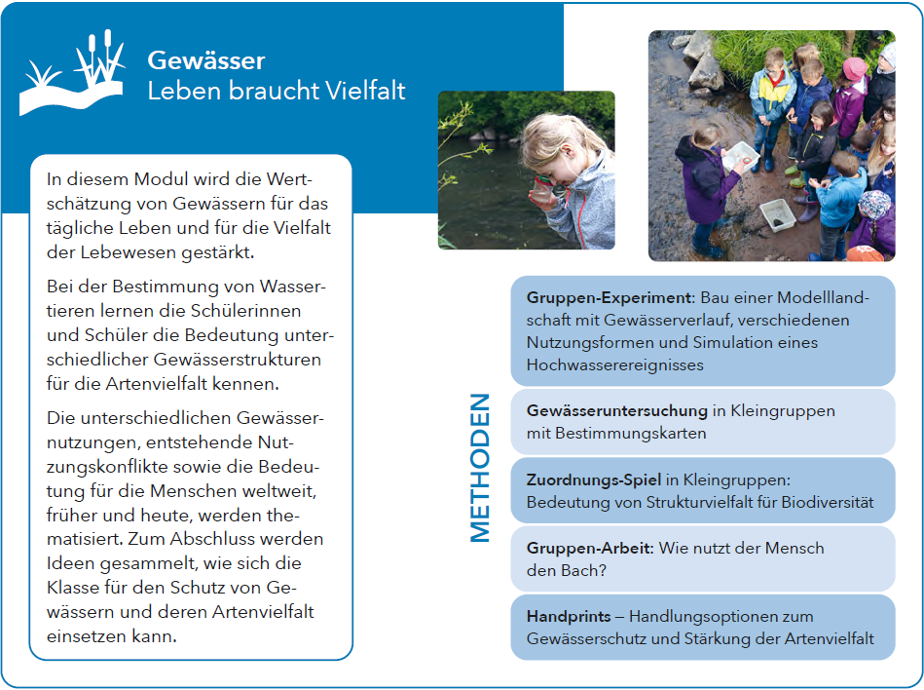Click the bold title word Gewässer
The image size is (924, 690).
pos(205,60)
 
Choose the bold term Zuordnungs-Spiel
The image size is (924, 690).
pos(593,479)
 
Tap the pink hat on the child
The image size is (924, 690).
pos(855,69)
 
